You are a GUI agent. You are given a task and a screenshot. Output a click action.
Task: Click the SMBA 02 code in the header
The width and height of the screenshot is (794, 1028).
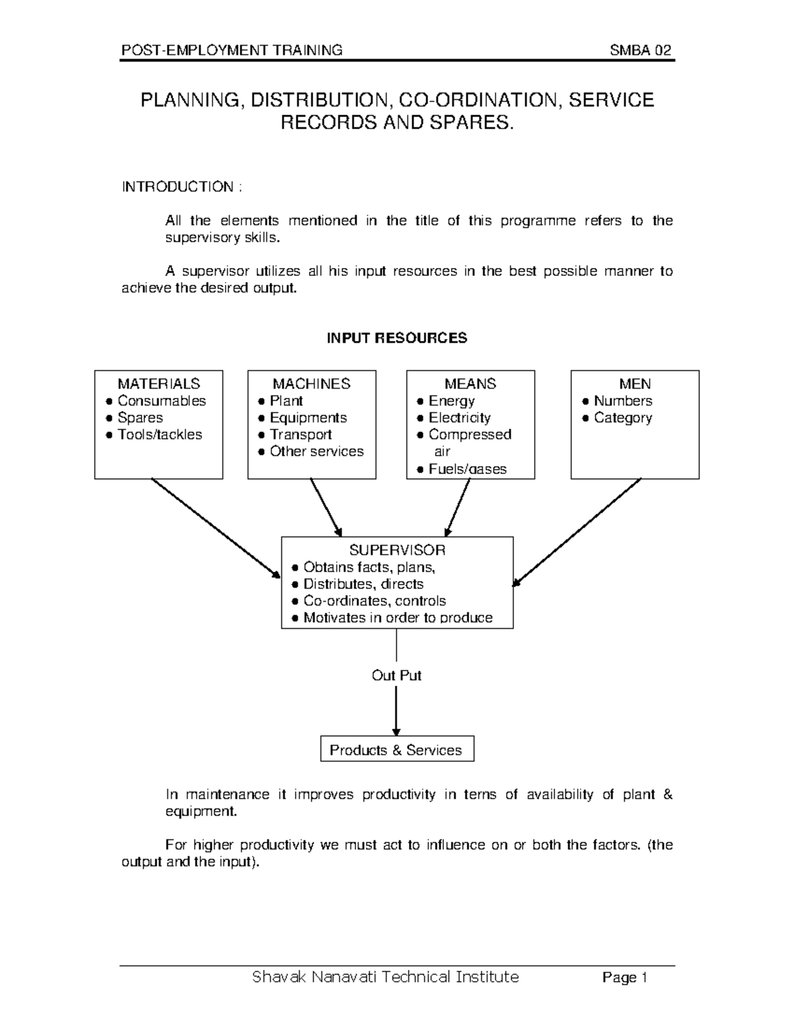pos(641,50)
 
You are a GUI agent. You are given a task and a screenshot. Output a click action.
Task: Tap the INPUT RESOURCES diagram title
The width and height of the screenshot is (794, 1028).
pos(397,338)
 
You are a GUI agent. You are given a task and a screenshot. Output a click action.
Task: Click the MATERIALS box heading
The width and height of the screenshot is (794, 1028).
pos(159,384)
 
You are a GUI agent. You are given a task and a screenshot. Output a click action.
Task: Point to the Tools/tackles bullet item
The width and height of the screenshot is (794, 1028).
pos(159,435)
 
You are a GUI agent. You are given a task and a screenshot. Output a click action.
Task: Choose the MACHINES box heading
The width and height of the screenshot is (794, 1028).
pos(312,384)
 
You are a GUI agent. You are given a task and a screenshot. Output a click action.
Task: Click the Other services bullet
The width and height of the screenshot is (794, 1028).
pos(316,451)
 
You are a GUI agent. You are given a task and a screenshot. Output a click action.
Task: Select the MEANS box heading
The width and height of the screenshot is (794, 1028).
pos(470,384)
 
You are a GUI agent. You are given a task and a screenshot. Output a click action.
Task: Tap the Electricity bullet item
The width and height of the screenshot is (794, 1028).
pos(459,418)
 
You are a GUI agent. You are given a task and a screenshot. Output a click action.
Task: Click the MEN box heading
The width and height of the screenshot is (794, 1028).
pos(635,384)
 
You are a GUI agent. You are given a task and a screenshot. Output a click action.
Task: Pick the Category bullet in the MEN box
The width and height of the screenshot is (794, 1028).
pos(623,418)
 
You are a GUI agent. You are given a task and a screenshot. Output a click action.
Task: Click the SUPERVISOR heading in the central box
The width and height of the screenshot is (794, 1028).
pos(397,550)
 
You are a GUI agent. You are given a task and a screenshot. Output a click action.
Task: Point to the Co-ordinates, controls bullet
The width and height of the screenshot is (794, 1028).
pos(374,601)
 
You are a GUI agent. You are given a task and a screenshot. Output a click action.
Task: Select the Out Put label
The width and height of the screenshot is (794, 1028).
pos(396,675)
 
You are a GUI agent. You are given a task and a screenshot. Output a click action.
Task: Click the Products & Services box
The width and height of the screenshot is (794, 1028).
pos(396,750)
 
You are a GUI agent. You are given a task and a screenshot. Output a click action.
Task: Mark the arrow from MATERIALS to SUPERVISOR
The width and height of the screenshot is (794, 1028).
pos(215,528)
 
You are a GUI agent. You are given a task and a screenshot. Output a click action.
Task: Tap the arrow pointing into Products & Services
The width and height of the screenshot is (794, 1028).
pos(396,712)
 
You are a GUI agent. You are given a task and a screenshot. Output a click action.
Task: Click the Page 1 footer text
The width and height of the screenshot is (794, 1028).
pos(624,978)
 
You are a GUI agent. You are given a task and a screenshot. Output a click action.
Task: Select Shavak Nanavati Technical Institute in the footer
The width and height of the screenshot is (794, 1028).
pos(386,977)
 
